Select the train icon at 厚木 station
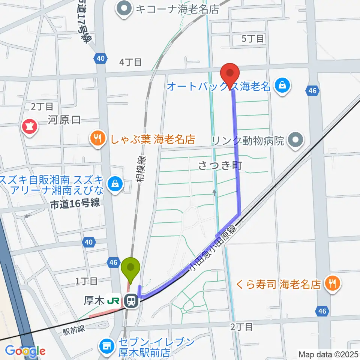(x=131, y=300)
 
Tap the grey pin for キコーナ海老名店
(x=123, y=8)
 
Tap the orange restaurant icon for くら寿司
(x=332, y=282)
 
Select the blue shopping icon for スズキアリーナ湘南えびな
(x=114, y=184)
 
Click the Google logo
(x=25, y=351)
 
